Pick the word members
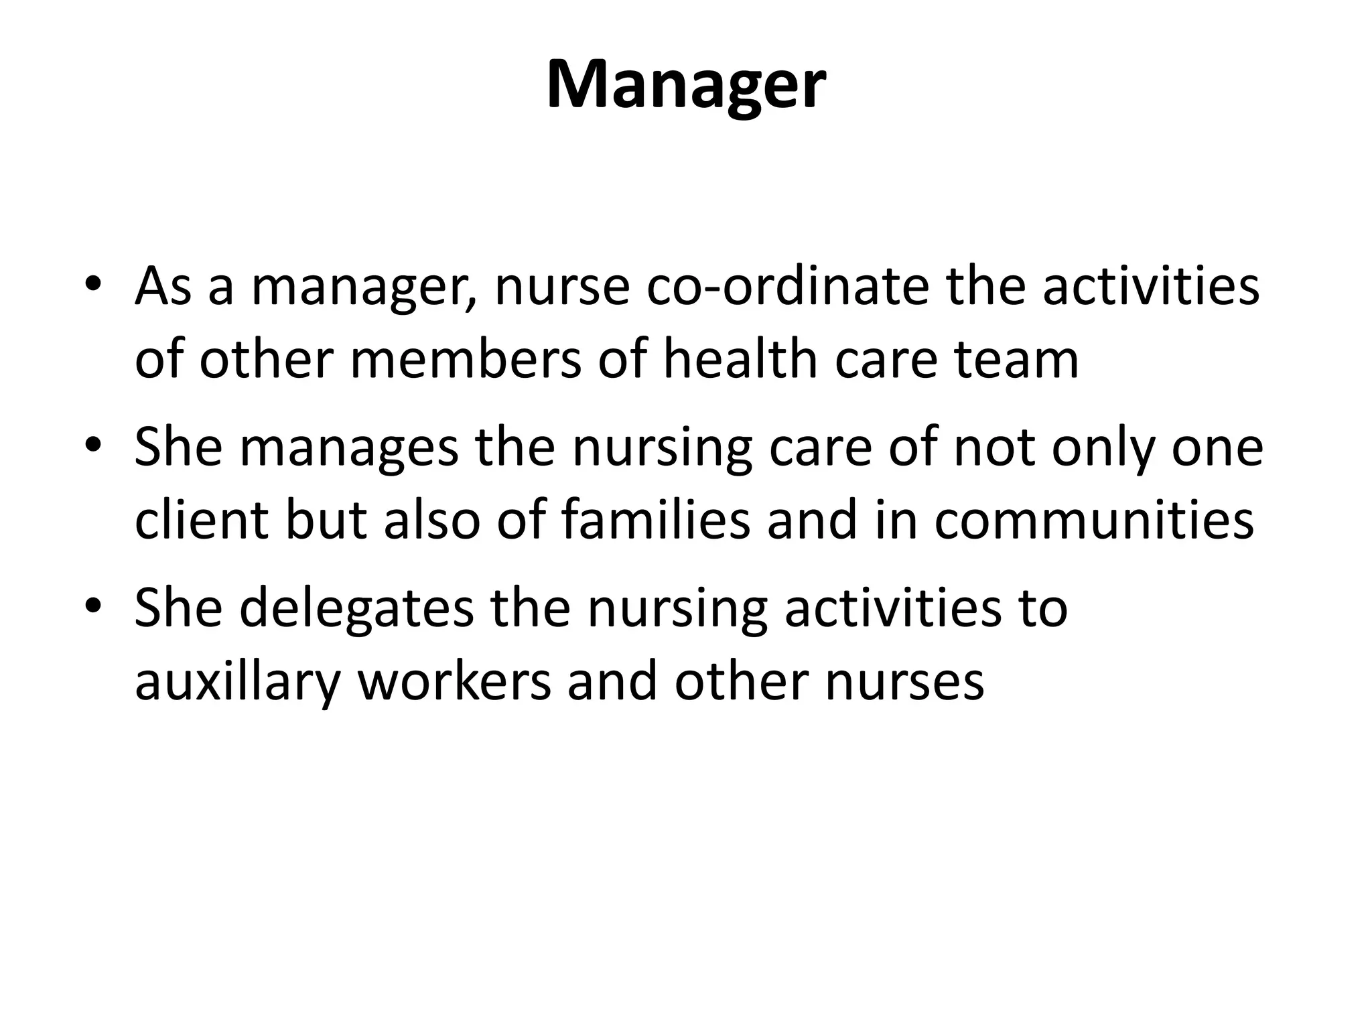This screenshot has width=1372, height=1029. coord(466,360)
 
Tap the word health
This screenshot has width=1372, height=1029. coord(740,360)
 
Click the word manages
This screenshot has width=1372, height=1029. coord(348,448)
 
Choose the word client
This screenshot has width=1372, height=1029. coord(202,521)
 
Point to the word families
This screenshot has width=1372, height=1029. coord(655,521)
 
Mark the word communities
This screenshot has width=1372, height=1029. coord(1093,521)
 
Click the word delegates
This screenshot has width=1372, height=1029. coord(356,608)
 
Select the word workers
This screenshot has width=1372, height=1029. coord(455,682)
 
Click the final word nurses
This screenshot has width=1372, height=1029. coord(904,682)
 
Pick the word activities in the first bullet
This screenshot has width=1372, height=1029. coord(1151,287)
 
